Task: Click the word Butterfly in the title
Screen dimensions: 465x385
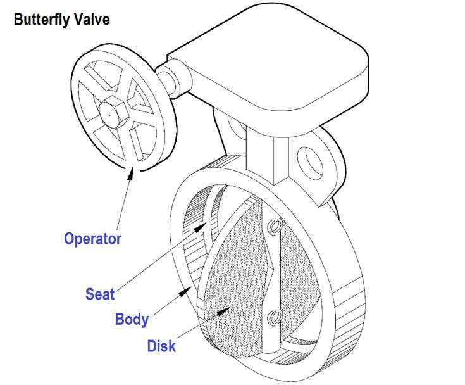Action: pyautogui.click(x=41, y=20)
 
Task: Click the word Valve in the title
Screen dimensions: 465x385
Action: pyautogui.click(x=92, y=19)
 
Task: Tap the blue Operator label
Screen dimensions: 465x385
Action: pyautogui.click(x=93, y=239)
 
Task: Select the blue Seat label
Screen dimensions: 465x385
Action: pyautogui.click(x=100, y=294)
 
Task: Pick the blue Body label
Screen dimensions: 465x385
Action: pyautogui.click(x=132, y=319)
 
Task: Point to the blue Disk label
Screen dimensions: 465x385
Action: pyautogui.click(x=161, y=346)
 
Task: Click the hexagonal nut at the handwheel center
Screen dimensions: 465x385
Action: pyautogui.click(x=114, y=111)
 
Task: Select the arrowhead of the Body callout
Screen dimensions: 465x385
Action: pyautogui.click(x=185, y=292)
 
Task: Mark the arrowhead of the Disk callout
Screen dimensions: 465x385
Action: pyautogui.click(x=224, y=312)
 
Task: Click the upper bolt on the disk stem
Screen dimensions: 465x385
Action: pyautogui.click(x=275, y=226)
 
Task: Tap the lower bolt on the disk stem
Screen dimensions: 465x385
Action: pyautogui.click(x=275, y=317)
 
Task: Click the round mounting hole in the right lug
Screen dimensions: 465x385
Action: pyautogui.click(x=310, y=162)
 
